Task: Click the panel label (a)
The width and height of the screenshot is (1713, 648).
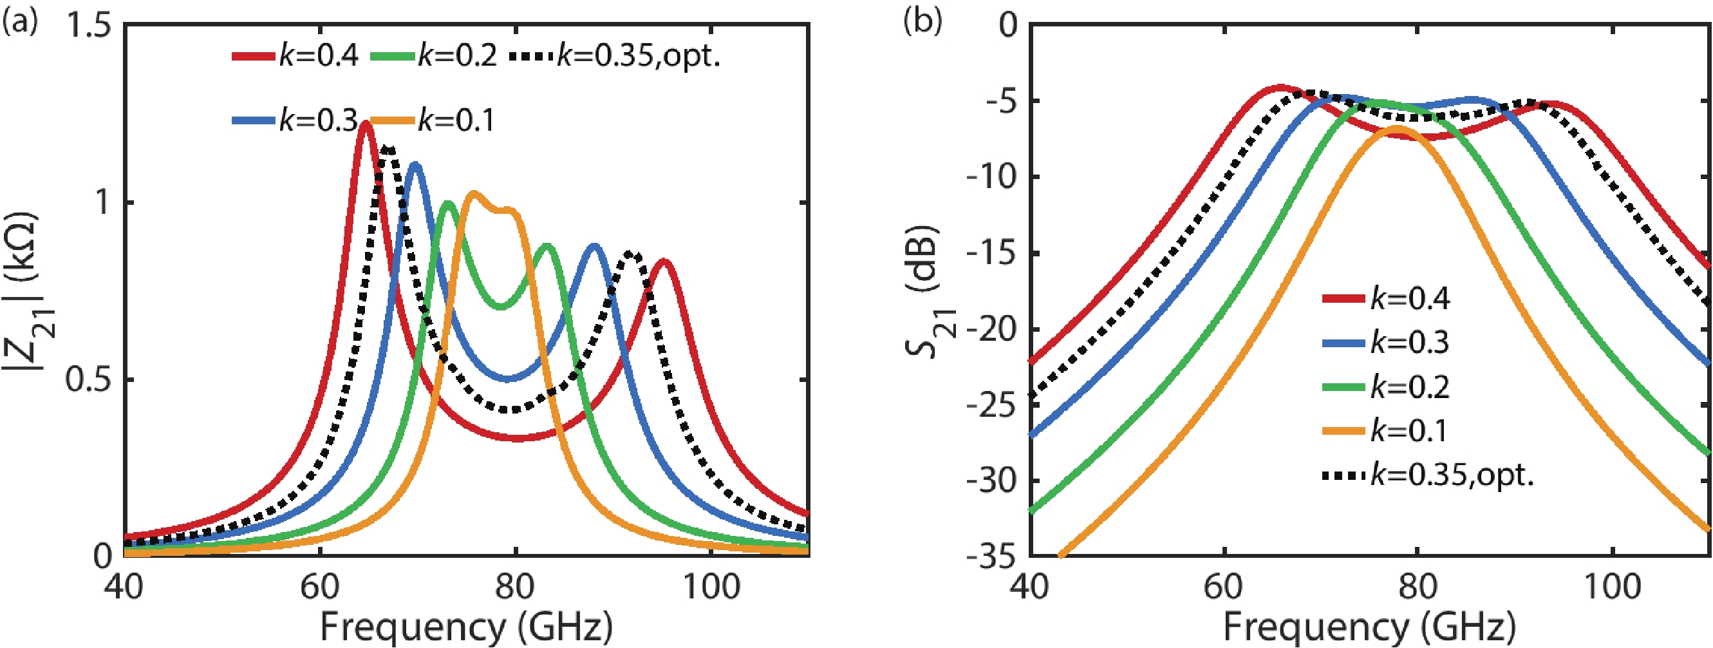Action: pos(20,24)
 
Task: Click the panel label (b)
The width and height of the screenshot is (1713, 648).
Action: pos(922,21)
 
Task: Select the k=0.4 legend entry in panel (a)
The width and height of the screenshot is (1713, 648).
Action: pos(295,57)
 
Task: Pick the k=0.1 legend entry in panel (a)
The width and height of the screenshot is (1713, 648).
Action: pos(432,120)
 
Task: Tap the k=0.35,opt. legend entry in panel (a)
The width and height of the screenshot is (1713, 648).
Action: pos(615,57)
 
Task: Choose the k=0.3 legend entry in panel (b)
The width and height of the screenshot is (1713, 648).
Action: pos(1386,343)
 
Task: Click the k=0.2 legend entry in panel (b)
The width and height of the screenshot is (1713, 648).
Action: pos(1386,387)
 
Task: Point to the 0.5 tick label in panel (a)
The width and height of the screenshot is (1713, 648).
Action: pos(88,380)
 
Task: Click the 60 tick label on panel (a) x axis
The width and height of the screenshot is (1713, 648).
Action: pos(320,587)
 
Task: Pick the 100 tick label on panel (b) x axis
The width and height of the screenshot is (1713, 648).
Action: pos(1612,587)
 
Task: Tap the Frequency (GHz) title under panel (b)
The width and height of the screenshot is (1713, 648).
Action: pos(1370,627)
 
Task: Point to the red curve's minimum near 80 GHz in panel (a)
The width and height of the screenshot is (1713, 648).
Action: pos(518,438)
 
